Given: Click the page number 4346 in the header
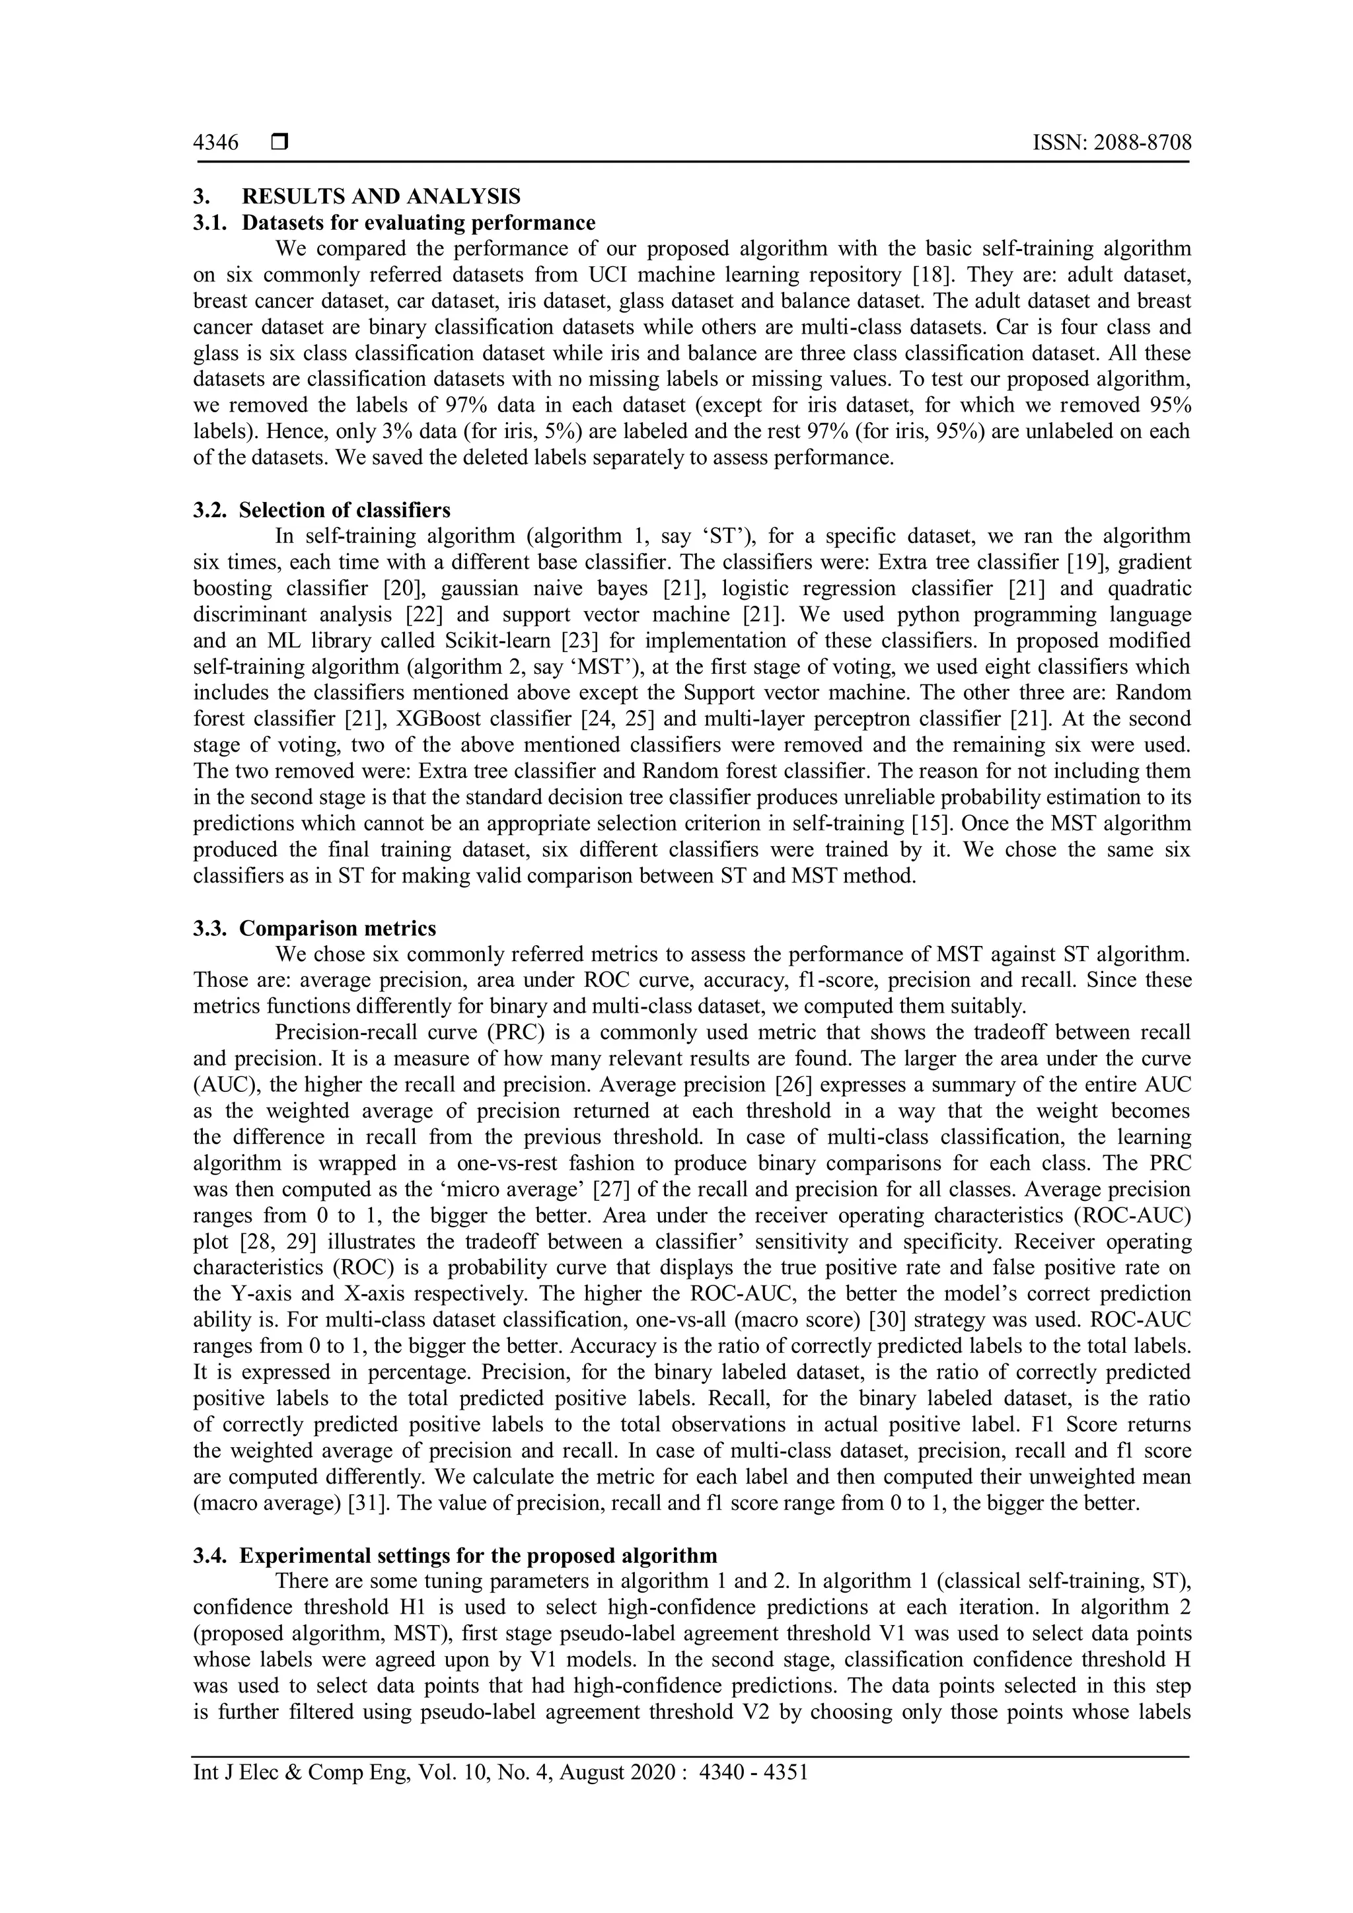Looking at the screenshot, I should [216, 143].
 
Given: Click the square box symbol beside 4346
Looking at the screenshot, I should [279, 143].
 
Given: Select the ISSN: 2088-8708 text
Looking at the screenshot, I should [1111, 143].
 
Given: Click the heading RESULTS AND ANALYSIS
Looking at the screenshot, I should [381, 197].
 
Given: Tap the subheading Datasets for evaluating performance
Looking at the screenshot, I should [418, 223].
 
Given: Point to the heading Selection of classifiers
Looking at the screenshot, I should [344, 509].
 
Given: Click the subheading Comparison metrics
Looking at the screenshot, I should [338, 927].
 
